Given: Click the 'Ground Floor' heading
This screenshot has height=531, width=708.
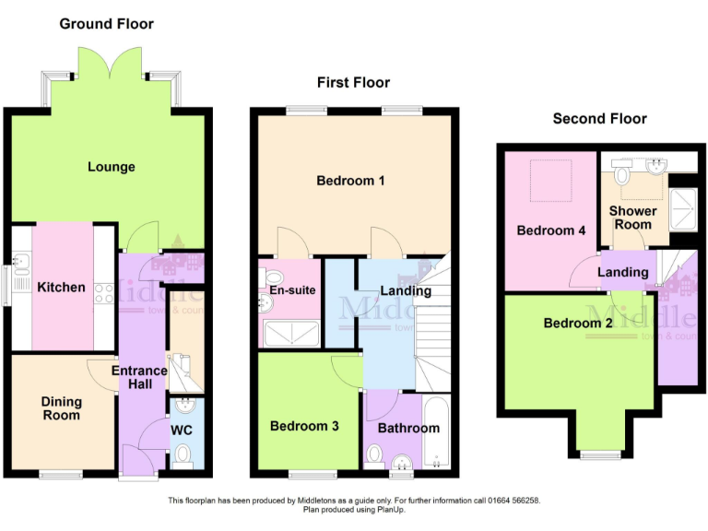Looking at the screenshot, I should tap(107, 23).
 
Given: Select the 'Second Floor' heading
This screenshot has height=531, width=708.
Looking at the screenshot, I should tap(599, 118).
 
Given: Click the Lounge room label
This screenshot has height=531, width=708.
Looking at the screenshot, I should tap(112, 167).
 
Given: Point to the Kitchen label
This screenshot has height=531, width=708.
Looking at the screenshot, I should tap(61, 287).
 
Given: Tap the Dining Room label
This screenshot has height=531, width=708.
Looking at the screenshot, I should tap(61, 408).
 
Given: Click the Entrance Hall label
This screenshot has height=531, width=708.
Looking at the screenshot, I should tap(139, 377).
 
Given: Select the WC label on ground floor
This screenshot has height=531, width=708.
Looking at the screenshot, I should tap(182, 430).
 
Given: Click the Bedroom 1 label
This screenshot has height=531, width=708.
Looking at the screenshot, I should tap(350, 181).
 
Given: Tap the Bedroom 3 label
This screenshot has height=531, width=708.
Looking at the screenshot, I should tap(304, 426).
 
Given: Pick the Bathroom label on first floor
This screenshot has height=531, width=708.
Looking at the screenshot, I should tap(409, 428).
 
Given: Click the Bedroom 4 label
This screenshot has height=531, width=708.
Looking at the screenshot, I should tap(551, 230).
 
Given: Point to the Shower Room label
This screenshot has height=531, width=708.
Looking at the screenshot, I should tap(632, 218).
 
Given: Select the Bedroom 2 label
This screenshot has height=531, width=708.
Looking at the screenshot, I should tap(578, 323).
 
